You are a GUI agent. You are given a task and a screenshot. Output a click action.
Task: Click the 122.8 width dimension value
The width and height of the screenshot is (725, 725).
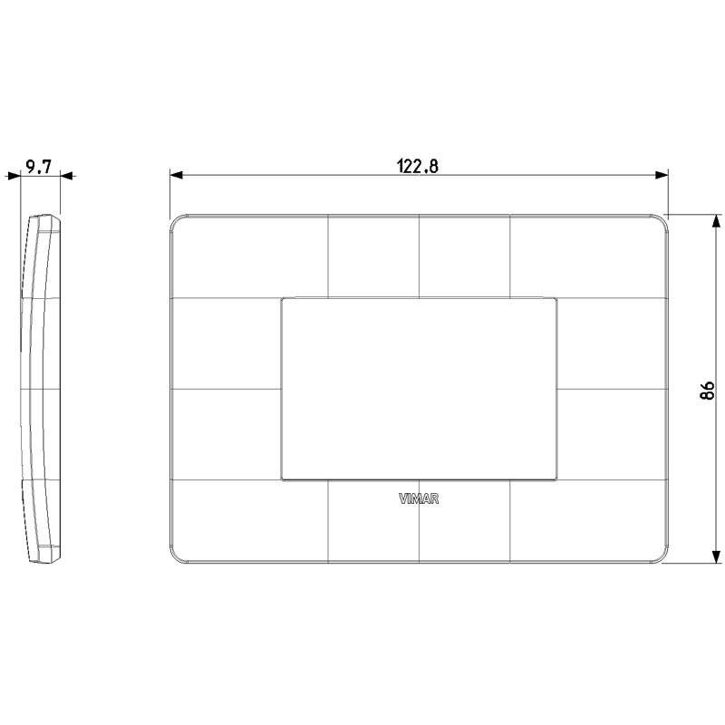tap(418, 166)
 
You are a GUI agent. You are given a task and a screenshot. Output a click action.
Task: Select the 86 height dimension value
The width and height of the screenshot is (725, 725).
tap(708, 391)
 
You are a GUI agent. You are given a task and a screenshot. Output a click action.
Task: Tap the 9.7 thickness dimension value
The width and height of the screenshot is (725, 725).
tap(39, 167)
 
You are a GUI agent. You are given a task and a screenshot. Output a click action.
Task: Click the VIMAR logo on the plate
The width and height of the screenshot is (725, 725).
tap(419, 499)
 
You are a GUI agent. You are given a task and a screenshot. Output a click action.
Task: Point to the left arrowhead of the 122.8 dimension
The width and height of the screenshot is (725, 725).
tap(176, 175)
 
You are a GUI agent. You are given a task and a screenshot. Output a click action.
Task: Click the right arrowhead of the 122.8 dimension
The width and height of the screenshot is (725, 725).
tap(662, 175)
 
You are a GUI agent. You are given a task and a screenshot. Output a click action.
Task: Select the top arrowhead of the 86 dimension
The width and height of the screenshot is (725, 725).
tap(716, 221)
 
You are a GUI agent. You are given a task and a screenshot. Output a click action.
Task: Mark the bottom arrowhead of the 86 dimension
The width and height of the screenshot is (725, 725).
tap(716, 556)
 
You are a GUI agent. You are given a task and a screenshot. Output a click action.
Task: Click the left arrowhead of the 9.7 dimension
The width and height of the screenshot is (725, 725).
tap(14, 176)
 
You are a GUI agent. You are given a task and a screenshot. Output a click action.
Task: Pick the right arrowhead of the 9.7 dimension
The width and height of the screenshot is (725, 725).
tap(67, 176)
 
